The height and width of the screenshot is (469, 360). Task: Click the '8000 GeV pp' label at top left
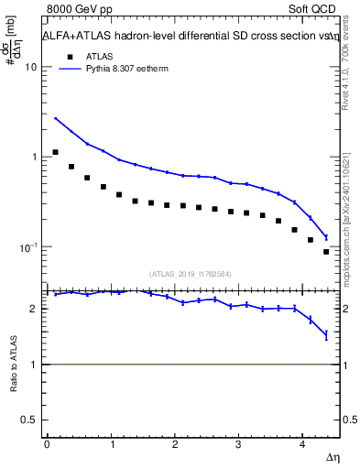(76, 10)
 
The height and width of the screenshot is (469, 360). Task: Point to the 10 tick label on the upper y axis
(31, 68)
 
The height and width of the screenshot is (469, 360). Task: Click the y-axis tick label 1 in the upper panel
(35, 158)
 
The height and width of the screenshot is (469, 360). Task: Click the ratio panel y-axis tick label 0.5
(29, 420)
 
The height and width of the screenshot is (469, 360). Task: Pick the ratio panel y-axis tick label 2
(35, 309)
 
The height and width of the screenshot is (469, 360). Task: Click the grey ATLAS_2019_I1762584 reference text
(191, 273)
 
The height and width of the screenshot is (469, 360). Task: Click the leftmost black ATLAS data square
(55, 152)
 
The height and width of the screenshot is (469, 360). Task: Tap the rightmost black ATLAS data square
(326, 251)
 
